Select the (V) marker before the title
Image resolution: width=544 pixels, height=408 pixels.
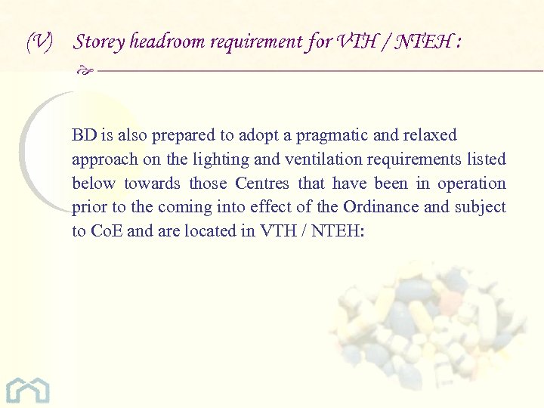[39, 42]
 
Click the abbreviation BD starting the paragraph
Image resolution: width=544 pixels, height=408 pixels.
[83, 135]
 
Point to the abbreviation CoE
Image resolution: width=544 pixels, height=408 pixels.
[106, 231]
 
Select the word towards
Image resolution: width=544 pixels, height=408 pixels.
[152, 184]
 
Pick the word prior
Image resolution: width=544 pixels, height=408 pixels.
[88, 207]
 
